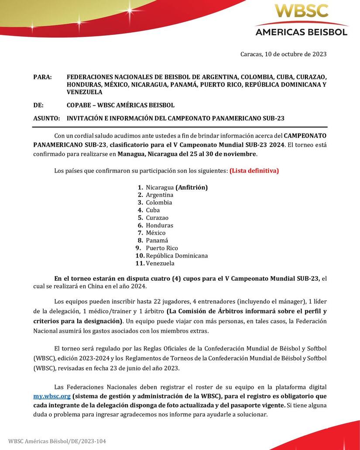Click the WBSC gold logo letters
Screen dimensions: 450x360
(301, 11)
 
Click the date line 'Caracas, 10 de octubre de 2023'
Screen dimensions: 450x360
(283, 54)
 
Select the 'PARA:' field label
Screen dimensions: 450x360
(42, 77)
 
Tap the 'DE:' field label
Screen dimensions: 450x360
(38, 105)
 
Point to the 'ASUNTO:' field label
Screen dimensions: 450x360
(47, 118)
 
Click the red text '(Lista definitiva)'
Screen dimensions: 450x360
(254, 171)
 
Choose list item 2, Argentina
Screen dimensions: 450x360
(159, 195)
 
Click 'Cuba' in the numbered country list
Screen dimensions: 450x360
(153, 210)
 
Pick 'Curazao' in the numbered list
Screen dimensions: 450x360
(157, 218)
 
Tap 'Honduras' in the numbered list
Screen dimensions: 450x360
(159, 225)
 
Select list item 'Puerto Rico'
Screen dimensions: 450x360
(162, 248)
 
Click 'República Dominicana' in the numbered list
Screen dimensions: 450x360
(177, 256)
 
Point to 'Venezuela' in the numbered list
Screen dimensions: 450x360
(160, 263)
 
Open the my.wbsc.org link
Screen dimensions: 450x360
(52, 396)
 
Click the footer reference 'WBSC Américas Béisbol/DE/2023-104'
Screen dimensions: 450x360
(57, 441)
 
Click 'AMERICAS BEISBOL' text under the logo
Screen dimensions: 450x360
(301, 31)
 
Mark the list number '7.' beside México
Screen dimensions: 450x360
(140, 233)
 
